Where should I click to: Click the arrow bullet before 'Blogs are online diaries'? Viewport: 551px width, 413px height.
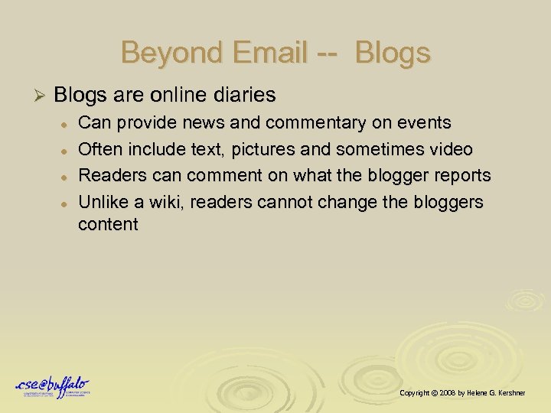click(x=43, y=96)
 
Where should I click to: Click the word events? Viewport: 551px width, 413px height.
click(x=425, y=123)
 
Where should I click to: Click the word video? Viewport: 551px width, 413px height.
click(x=450, y=149)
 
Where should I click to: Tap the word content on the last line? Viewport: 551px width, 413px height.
click(x=108, y=224)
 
